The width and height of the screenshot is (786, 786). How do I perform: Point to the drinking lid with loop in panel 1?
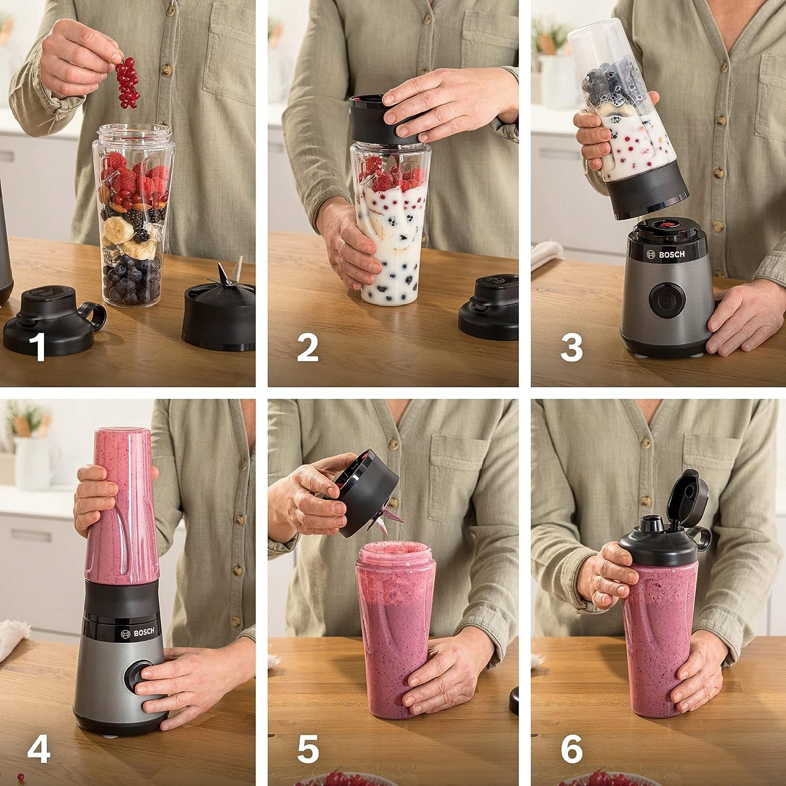pyautogui.click(x=52, y=316)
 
